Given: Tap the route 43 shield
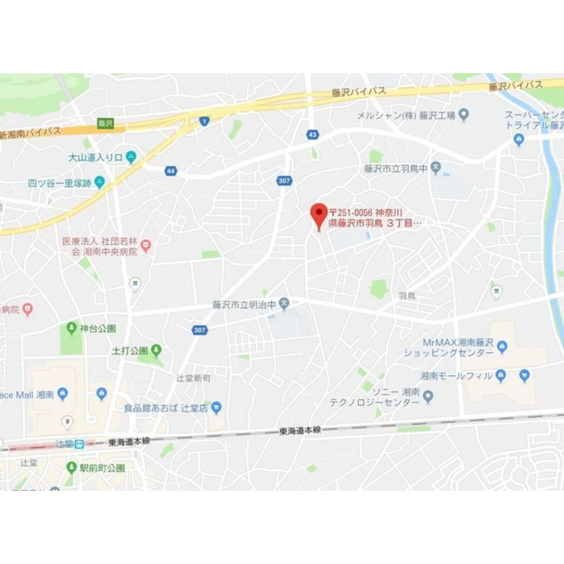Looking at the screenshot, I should [312, 134].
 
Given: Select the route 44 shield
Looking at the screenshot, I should [171, 170].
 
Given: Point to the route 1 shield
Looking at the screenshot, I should [204, 120].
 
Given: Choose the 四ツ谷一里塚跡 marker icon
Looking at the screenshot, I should [100, 182].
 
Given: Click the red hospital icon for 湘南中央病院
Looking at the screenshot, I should [146, 245].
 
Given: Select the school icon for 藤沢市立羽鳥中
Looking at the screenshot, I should [435, 167].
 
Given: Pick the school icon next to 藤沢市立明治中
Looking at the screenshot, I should [285, 304].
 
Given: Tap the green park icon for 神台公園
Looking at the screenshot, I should [72, 327].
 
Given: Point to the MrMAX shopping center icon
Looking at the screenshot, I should [502, 345].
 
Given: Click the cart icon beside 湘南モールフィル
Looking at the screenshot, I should [525, 375].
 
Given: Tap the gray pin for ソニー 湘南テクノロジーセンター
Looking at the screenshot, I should [428, 398].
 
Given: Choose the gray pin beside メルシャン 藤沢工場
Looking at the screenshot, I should [464, 115].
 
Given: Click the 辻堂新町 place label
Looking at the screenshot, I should [193, 379].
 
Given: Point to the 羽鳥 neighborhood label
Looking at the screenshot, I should [407, 295].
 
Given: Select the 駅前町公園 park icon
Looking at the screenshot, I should [72, 467].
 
